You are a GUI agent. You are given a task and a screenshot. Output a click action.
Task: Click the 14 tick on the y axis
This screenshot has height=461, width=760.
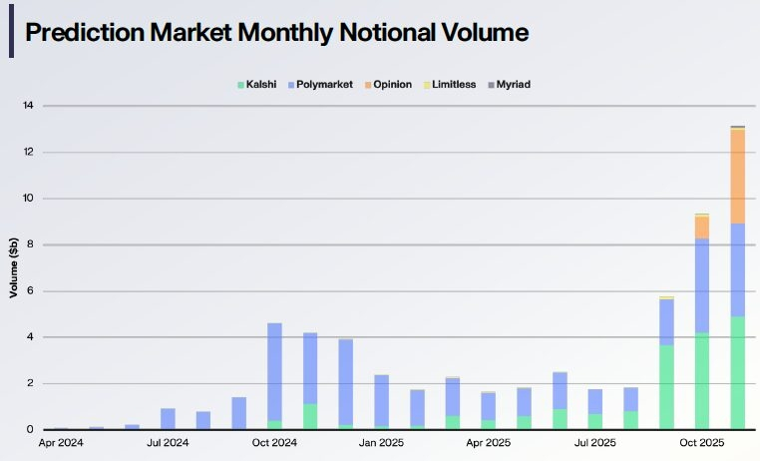pyautogui.click(x=28, y=106)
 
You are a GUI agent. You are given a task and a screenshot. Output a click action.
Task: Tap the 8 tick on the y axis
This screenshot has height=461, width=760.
pyautogui.click(x=31, y=244)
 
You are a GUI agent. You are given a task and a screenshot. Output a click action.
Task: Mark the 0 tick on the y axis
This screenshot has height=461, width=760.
pyautogui.click(x=31, y=430)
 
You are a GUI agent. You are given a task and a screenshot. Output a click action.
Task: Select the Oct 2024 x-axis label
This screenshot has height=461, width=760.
pyautogui.click(x=274, y=442)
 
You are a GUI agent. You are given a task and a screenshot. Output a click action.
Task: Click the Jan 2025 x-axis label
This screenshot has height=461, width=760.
pyautogui.click(x=381, y=442)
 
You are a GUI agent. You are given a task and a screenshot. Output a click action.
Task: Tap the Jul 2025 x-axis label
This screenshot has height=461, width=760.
pyautogui.click(x=594, y=442)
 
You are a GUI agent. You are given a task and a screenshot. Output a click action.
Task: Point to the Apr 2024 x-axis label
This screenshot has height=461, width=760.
pyautogui.click(x=61, y=442)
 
